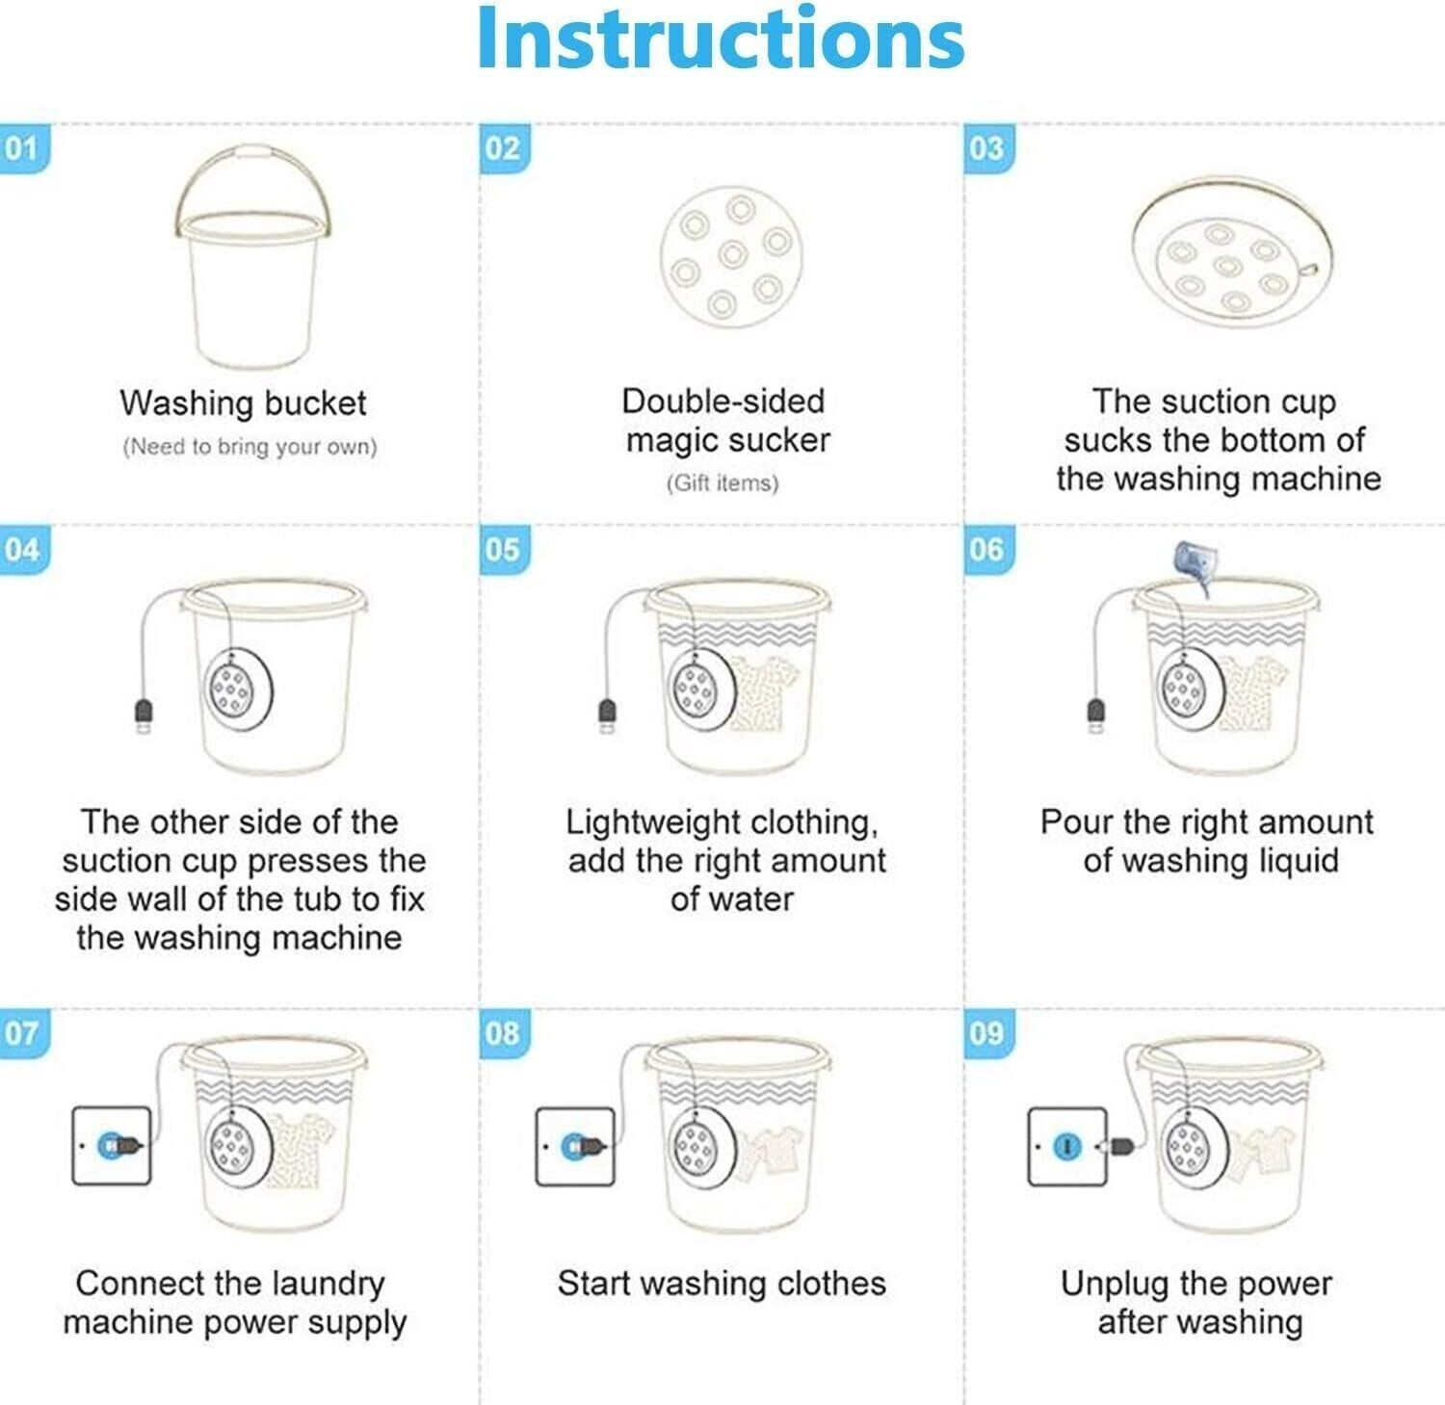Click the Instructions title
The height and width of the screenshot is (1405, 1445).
pyautogui.click(x=721, y=39)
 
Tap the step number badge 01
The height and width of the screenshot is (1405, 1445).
pyautogui.click(x=23, y=149)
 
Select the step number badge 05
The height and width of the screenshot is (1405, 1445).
pyautogui.click(x=504, y=550)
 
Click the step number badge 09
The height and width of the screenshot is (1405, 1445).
pyautogui.click(x=987, y=1034)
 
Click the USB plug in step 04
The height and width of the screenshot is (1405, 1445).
pyautogui.click(x=143, y=716)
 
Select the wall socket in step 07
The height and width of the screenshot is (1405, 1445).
pyautogui.click(x=112, y=1145)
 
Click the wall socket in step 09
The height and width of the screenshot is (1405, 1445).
pyautogui.click(x=1066, y=1146)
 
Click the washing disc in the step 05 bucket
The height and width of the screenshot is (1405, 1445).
pyautogui.click(x=703, y=689)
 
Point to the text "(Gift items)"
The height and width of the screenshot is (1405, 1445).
pyautogui.click(x=722, y=482)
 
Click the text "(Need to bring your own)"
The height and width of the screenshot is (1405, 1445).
pyautogui.click(x=250, y=447)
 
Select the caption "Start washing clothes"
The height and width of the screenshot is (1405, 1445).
pyautogui.click(x=722, y=1284)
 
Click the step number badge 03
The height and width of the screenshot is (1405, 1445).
pyautogui.click(x=987, y=149)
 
